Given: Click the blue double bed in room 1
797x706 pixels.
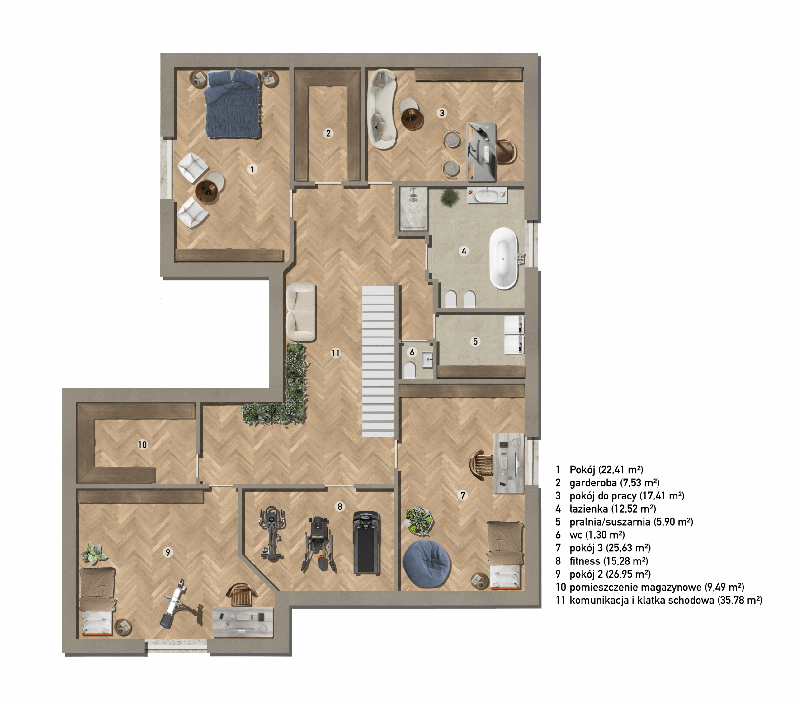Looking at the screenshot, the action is [x=233, y=104].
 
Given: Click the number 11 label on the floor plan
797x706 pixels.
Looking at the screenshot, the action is [x=336, y=353].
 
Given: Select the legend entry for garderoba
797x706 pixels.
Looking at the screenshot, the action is [x=607, y=483].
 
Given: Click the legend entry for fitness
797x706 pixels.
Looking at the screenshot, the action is [x=602, y=561].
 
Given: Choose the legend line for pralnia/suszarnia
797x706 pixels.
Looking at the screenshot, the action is [x=624, y=522].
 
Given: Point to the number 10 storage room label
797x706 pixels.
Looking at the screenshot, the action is [x=142, y=444].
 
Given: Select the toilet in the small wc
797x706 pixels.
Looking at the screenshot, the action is [x=409, y=370].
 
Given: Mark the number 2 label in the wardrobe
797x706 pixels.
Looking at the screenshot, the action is [x=328, y=133].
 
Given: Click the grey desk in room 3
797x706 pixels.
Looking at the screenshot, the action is [x=482, y=152].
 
